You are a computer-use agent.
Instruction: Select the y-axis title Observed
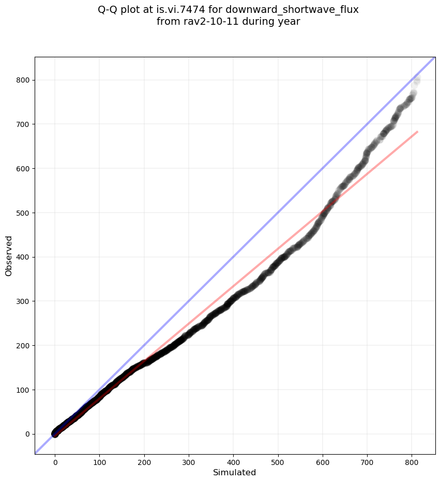(9, 256)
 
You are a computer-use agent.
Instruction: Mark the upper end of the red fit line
(417, 132)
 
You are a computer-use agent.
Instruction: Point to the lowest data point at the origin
(55, 433)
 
